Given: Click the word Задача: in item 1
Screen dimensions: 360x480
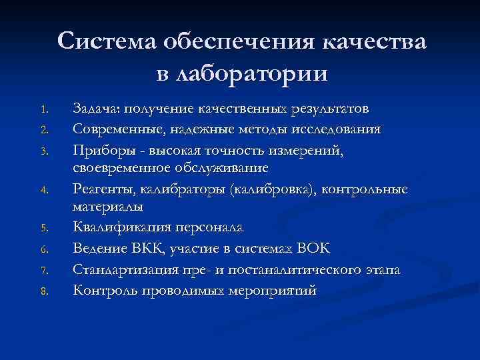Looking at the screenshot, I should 97,109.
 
